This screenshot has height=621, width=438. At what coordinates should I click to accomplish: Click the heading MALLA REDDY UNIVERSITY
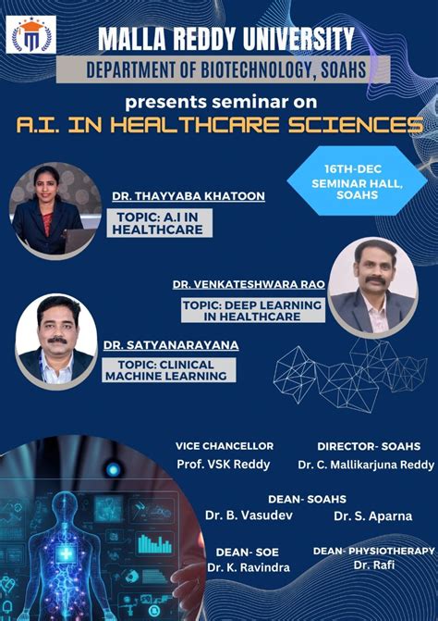[226, 39]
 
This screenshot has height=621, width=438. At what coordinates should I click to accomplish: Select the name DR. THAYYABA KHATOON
[176, 196]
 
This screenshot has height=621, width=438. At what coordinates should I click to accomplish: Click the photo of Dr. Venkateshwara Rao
[372, 286]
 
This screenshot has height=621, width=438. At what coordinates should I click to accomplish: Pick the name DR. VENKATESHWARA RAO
[249, 283]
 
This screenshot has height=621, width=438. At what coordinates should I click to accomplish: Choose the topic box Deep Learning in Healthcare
[251, 309]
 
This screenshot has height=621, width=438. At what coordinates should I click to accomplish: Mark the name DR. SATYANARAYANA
[171, 344]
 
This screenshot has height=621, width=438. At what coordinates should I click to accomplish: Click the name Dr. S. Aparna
[367, 515]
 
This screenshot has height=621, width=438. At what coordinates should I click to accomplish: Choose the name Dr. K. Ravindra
[248, 566]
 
